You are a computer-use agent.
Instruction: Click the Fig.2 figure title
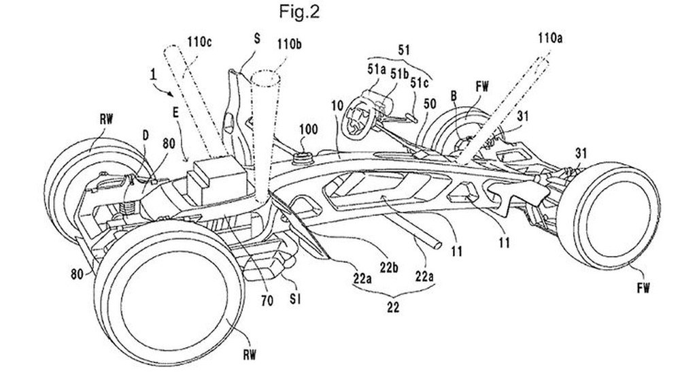point(299,12)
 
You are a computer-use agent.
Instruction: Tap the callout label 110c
point(199,42)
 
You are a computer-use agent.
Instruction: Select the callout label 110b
point(290,44)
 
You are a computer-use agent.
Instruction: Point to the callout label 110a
point(550,38)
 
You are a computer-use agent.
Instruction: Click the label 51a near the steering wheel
point(377,69)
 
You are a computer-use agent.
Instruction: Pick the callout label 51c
point(420,82)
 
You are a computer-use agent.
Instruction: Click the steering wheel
point(358,117)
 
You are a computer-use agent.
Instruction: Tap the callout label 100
point(308,129)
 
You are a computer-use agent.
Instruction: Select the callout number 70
point(267,300)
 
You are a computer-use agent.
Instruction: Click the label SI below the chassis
point(295,299)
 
